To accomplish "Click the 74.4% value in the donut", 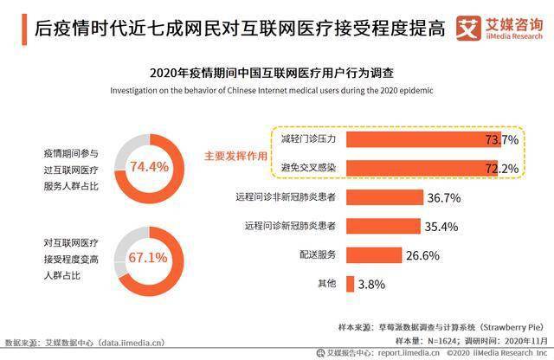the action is click(x=149, y=166).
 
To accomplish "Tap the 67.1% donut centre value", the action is click(x=148, y=258).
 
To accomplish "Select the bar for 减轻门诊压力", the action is click(x=423, y=139).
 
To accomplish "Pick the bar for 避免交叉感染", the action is click(x=422, y=168).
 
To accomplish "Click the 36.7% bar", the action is click(x=384, y=197).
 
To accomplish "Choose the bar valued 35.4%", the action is click(x=383, y=226).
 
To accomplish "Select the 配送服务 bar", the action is click(x=374, y=255).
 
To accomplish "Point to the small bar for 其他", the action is click(x=350, y=284).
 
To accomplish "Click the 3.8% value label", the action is click(x=371, y=285).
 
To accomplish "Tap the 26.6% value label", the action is click(x=423, y=255).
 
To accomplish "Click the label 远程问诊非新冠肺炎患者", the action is click(x=286, y=196).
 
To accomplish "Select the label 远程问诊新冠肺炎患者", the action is click(x=290, y=226).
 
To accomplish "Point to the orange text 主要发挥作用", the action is click(x=235, y=156).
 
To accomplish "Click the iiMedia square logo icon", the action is click(x=468, y=29).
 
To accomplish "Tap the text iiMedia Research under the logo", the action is click(x=514, y=36).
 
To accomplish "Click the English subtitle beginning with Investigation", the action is click(x=271, y=91).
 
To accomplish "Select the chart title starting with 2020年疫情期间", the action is click(x=272, y=74).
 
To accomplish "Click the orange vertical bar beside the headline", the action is click(x=24, y=29).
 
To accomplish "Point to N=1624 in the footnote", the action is click(x=441, y=341).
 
